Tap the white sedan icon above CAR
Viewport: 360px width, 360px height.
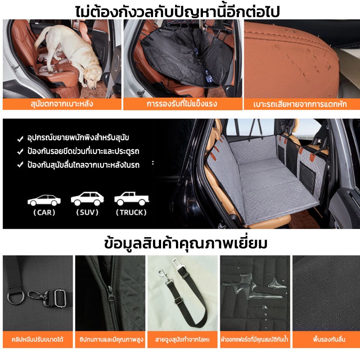click(x=44, y=200)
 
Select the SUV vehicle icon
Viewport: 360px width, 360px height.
click(x=87, y=198)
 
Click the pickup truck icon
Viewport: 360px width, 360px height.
click(x=131, y=198)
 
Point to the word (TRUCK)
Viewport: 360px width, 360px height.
click(x=131, y=212)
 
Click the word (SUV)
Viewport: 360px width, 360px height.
click(x=87, y=212)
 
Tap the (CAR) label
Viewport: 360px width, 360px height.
click(x=44, y=212)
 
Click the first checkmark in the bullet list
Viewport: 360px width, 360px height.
click(x=20, y=139)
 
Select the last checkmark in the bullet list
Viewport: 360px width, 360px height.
click(x=20, y=165)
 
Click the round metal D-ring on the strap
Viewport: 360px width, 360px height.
click(x=16, y=297)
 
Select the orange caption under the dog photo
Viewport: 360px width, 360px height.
click(x=62, y=104)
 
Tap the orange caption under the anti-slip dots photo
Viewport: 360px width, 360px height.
click(x=326, y=339)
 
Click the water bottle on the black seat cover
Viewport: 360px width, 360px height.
click(x=209, y=76)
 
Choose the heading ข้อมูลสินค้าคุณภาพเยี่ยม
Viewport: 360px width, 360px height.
click(x=186, y=243)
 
